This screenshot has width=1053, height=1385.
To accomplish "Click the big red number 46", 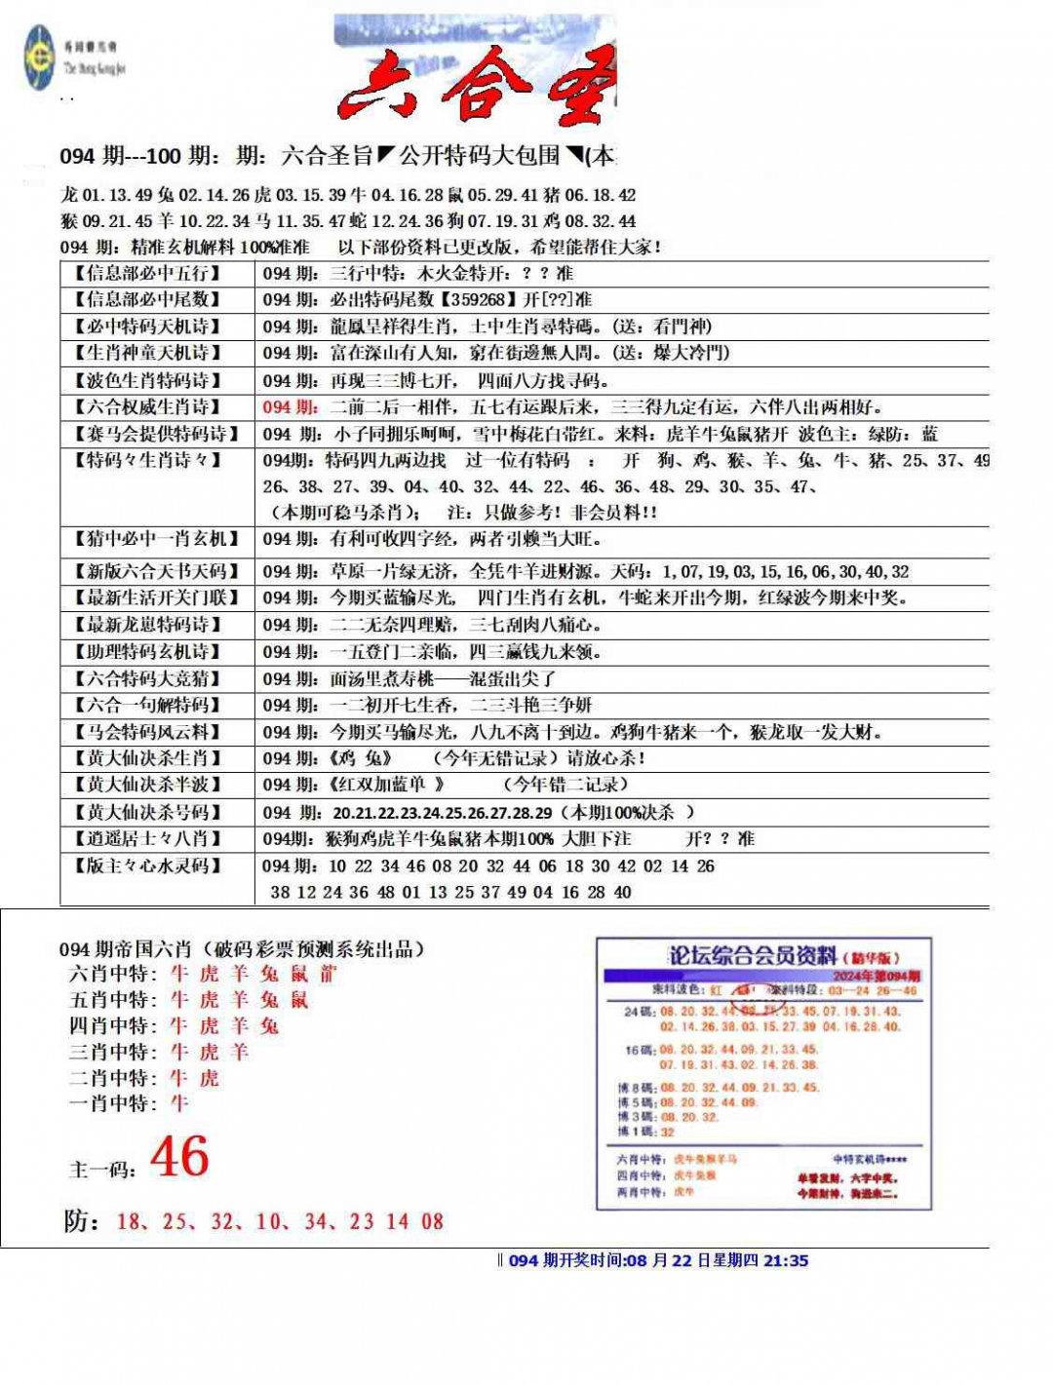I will coord(179,1157).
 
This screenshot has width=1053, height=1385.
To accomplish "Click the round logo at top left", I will coord(39,58).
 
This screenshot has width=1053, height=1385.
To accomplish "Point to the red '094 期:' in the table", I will coord(290,407).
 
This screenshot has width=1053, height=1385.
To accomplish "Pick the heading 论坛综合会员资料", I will coord(752,955).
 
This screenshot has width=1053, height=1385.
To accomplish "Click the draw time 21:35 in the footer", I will coord(786,1260).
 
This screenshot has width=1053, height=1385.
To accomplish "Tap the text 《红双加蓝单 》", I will coord(387,785).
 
